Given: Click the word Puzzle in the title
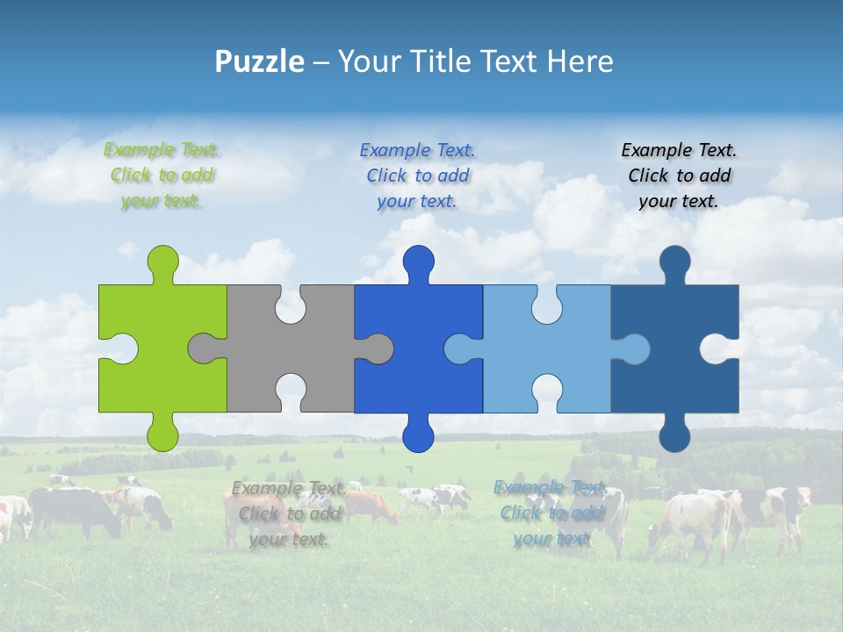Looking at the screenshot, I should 259,61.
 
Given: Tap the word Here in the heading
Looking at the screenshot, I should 579,61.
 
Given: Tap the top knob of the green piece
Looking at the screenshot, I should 162,262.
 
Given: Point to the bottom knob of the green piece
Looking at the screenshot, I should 162,435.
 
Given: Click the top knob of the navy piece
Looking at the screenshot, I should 674,262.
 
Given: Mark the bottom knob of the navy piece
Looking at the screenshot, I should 674,435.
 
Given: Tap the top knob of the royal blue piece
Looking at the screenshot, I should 418,262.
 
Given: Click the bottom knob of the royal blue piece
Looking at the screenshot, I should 418,435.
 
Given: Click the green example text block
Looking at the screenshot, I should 162,176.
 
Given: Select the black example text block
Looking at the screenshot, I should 679,176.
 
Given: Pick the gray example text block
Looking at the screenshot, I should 289,513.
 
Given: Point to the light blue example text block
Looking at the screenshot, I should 551,513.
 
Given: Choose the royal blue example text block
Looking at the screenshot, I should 417,176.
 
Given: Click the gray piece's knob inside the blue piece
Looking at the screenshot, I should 378,348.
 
